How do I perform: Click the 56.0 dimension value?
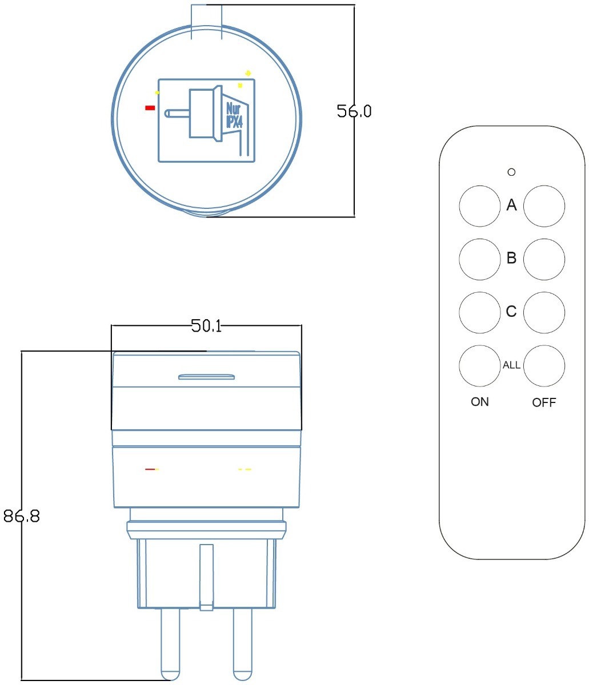pyautogui.click(x=354, y=111)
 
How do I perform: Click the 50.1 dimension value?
pyautogui.click(x=206, y=326)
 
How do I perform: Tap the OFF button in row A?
pyautogui.click(x=544, y=206)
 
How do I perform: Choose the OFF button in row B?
pyautogui.click(x=544, y=259)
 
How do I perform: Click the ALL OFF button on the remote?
pyautogui.click(x=544, y=365)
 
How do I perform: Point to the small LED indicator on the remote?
pyautogui.click(x=512, y=171)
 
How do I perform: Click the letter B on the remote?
pyautogui.click(x=512, y=259)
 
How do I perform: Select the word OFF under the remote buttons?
pyautogui.click(x=544, y=402)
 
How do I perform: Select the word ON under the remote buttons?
pyautogui.click(x=480, y=402)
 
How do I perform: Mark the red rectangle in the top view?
pyautogui.click(x=150, y=107)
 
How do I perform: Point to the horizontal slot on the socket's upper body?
pyautogui.click(x=207, y=377)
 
